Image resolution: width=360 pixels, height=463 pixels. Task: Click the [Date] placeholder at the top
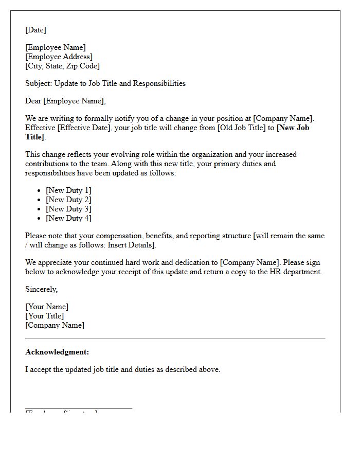[x=35, y=30]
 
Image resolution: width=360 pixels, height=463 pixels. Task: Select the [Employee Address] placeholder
[x=59, y=57]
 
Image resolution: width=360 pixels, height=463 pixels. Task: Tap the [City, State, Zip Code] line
[x=62, y=66]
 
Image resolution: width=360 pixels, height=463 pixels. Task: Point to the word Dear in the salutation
[x=33, y=101]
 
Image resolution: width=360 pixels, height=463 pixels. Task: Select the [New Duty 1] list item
[x=68, y=190]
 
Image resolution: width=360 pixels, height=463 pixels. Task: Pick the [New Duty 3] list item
[x=68, y=209]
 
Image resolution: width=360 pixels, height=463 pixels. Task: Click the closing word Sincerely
[x=41, y=289]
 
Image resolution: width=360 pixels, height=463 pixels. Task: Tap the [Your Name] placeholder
[x=47, y=307]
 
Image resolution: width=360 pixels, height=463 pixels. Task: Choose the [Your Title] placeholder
[x=45, y=316]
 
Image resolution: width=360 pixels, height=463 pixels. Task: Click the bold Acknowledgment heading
[x=57, y=352]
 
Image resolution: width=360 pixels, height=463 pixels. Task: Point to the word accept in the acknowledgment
[x=41, y=369]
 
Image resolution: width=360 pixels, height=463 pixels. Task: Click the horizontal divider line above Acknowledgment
[x=175, y=338]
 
